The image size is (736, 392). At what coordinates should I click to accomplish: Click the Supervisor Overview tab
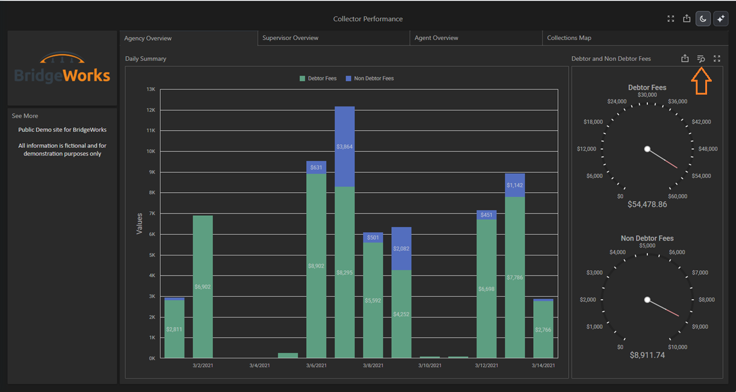[x=334, y=38]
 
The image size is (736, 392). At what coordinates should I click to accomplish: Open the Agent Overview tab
[x=476, y=38]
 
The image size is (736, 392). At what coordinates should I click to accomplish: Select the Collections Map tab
[x=634, y=38]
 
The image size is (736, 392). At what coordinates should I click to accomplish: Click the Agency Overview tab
[x=189, y=38]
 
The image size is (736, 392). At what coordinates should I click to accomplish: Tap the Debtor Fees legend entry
[x=318, y=79]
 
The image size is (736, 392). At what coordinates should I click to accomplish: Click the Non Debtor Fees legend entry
[x=369, y=79]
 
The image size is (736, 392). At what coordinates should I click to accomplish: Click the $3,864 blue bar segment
[x=345, y=147]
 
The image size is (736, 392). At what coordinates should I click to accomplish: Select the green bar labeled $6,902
[x=203, y=287]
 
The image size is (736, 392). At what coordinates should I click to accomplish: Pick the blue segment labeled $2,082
[x=401, y=248]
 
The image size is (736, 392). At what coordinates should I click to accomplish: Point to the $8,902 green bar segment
[x=316, y=266]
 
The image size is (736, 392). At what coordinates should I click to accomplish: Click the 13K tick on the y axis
[x=151, y=89]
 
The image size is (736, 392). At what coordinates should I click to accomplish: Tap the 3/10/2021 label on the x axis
[x=430, y=365]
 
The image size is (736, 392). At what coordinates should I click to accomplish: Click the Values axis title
[x=140, y=223]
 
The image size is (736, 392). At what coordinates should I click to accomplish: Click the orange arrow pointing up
[x=701, y=81]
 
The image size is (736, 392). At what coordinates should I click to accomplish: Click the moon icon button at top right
[x=703, y=19]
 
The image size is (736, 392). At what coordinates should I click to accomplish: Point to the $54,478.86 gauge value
[x=647, y=205]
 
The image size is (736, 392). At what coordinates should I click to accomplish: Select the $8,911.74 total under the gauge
[x=647, y=355]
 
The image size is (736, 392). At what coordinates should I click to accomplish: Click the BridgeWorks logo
[x=62, y=67]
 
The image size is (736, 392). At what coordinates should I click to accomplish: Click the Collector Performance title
[x=368, y=19]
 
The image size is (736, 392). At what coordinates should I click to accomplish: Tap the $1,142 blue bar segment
[x=515, y=185]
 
